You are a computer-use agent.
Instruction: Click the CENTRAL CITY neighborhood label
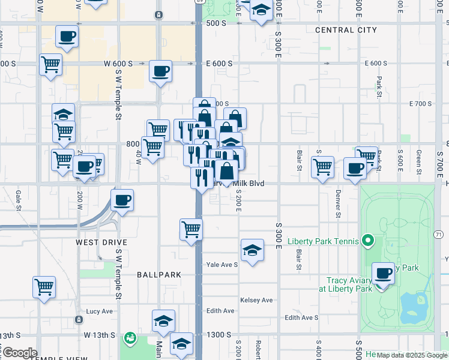click(x=346, y=30)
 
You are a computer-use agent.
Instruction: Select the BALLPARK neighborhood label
click(x=159, y=275)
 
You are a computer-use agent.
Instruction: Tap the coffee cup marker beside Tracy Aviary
click(x=383, y=275)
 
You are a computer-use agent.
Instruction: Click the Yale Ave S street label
click(x=222, y=264)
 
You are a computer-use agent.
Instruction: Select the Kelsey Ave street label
click(x=256, y=300)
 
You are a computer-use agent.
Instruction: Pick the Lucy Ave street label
click(x=100, y=311)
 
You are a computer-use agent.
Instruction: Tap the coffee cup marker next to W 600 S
click(x=161, y=72)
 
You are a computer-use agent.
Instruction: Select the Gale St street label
click(x=19, y=196)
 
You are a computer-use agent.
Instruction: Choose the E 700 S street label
click(x=420, y=104)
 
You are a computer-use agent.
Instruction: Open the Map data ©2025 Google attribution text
click(x=412, y=355)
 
